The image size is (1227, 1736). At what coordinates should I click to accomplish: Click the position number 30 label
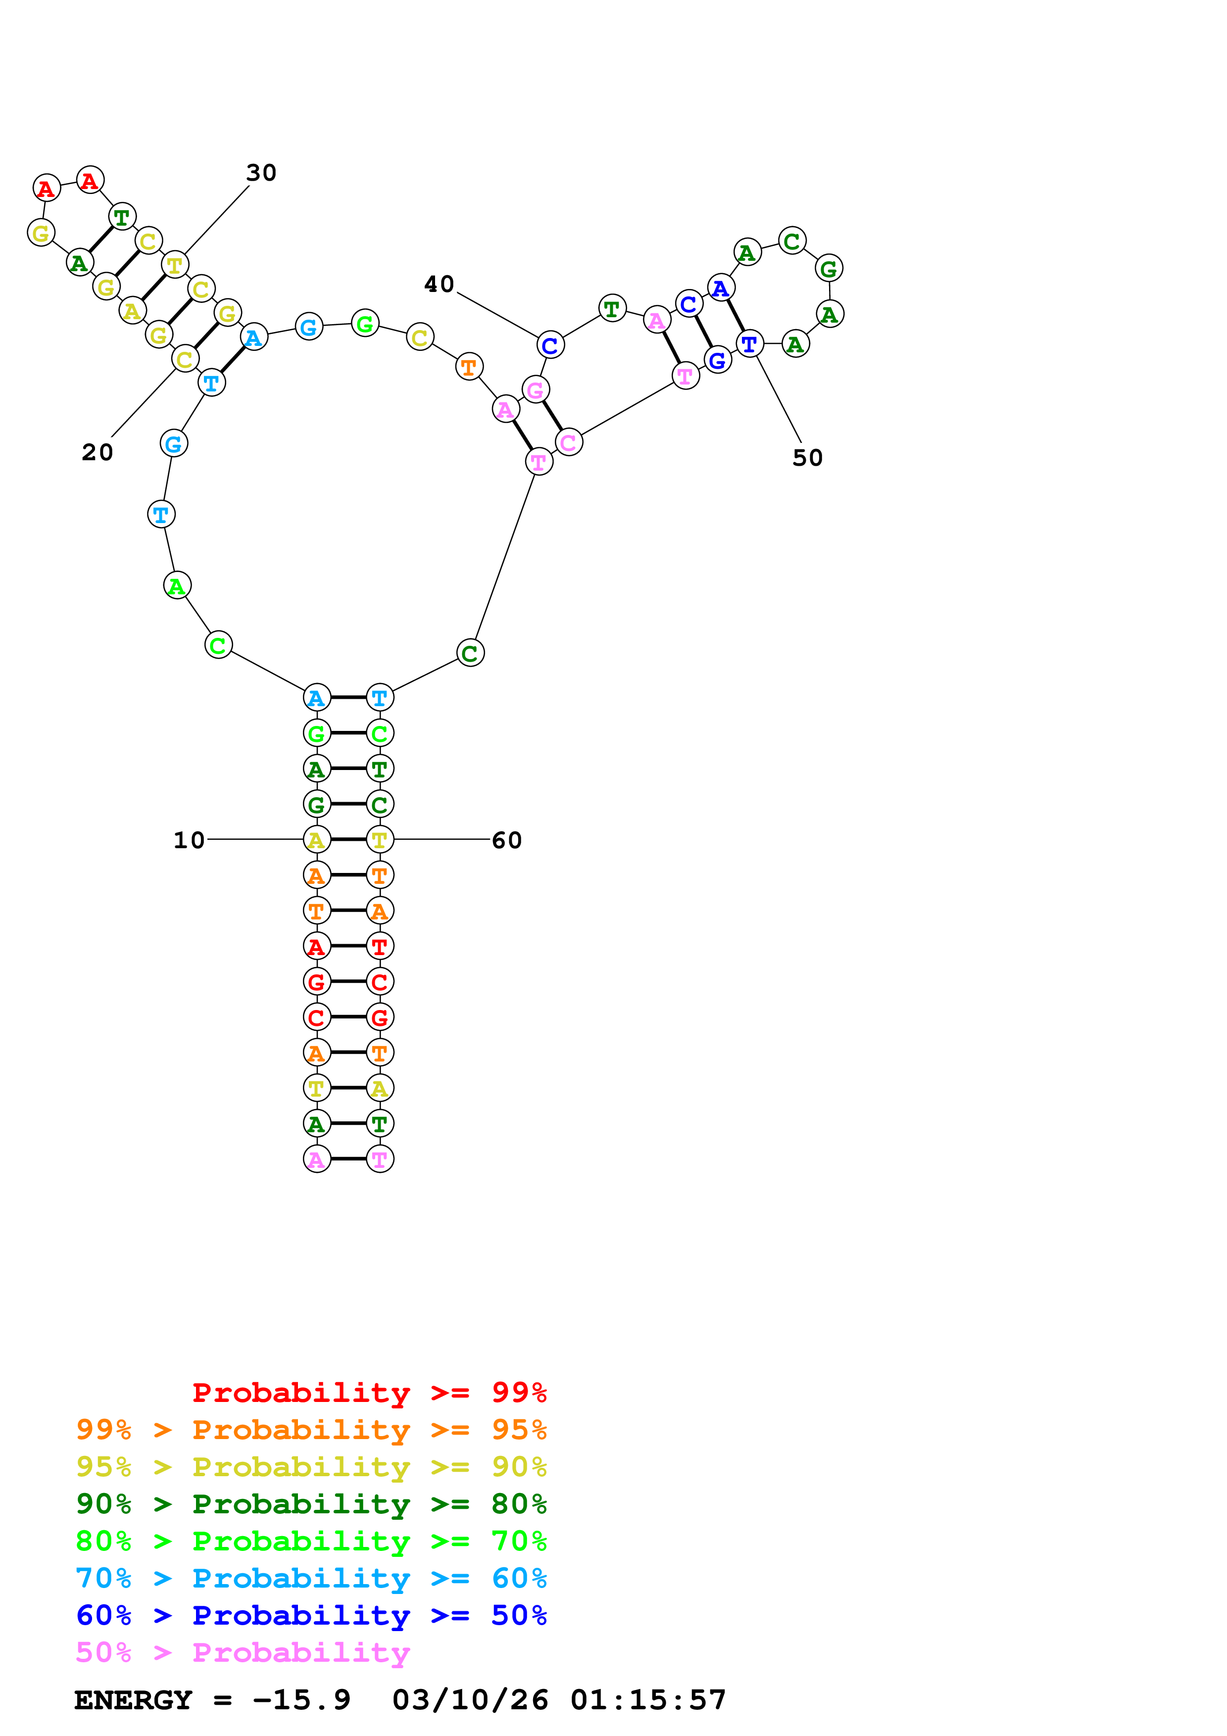pyautogui.click(x=261, y=173)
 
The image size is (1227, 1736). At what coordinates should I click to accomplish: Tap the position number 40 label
pyautogui.click(x=439, y=284)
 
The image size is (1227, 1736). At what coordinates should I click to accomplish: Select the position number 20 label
pyautogui.click(x=98, y=452)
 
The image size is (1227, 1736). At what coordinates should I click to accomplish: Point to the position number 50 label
pyautogui.click(x=807, y=457)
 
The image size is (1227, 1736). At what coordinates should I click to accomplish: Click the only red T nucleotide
pyautogui.click(x=380, y=946)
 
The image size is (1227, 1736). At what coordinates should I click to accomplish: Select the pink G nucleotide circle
pyautogui.click(x=535, y=390)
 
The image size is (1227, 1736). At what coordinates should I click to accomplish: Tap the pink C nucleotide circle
pyautogui.click(x=569, y=442)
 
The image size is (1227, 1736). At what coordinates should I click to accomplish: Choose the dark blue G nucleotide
pyautogui.click(x=718, y=361)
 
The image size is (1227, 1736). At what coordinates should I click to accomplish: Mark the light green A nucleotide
pyautogui.click(x=177, y=585)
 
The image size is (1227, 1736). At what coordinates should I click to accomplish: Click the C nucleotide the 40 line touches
pyautogui.click(x=550, y=345)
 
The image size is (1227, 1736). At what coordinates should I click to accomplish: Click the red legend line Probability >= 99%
pyautogui.click(x=369, y=1392)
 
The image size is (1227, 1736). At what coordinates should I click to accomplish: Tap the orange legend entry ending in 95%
pyautogui.click(x=311, y=1429)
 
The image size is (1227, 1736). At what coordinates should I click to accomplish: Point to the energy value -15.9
pyautogui.click(x=301, y=1700)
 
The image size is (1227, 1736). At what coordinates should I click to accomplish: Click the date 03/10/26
pyautogui.click(x=470, y=1700)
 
